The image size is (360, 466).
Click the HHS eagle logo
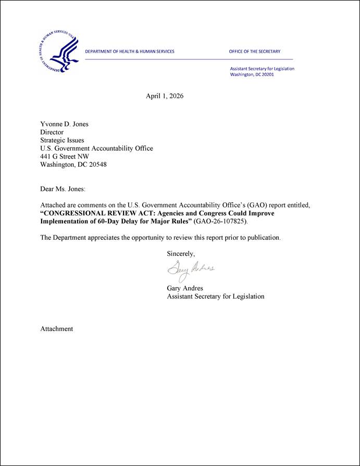[59, 52]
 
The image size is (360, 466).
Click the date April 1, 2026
[165, 96]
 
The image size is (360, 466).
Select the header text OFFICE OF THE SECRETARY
[254, 52]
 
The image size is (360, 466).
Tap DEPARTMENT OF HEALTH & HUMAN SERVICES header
[130, 52]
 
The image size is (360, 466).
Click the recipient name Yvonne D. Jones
[65, 124]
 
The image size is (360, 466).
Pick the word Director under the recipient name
[52, 132]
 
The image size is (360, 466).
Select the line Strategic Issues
[62, 140]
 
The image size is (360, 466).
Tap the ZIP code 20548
[97, 165]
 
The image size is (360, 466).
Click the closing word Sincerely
[181, 254]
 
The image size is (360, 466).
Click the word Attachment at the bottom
[57, 329]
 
